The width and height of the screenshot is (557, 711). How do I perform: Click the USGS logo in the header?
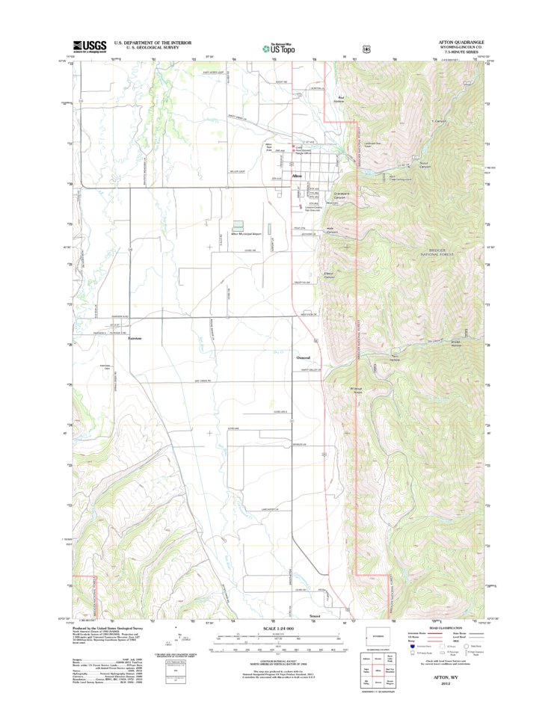click(89, 46)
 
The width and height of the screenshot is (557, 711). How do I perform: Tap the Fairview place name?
click(135, 339)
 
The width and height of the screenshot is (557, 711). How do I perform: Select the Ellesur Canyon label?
click(328, 275)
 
